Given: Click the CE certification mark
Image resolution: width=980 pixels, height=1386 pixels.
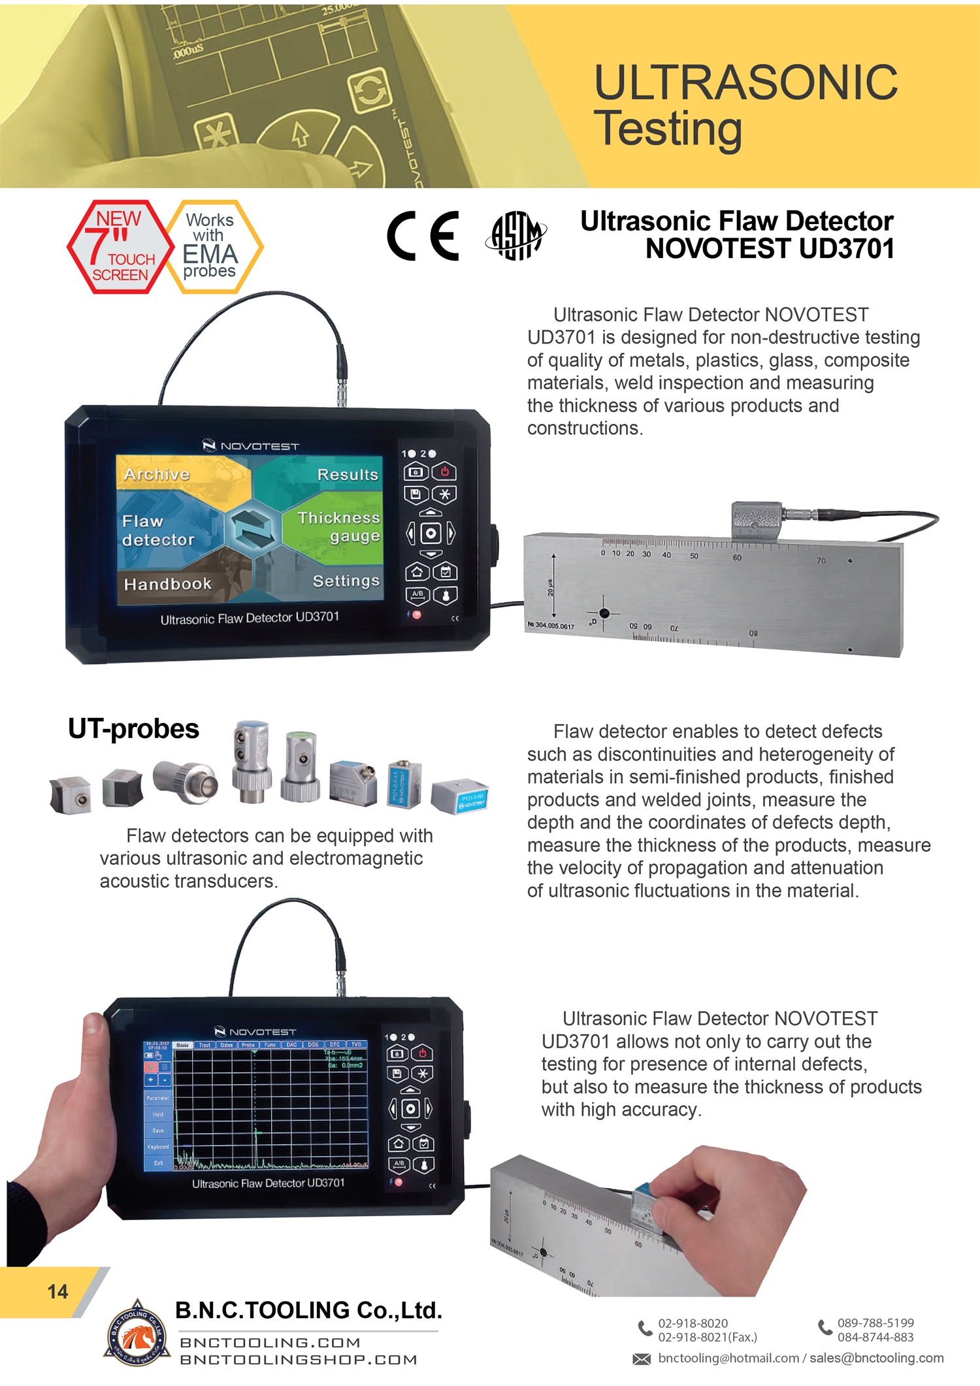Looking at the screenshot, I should pos(423,236).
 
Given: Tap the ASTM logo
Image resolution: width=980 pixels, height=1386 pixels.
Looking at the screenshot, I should pos(516,236).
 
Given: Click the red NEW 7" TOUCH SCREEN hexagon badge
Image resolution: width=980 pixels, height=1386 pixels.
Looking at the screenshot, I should pos(120,247).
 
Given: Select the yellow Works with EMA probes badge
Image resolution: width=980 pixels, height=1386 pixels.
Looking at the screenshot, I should pos(211,246).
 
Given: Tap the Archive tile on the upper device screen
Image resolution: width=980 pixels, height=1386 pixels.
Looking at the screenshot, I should pos(157,475).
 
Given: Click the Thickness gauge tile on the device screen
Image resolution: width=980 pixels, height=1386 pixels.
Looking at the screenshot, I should pos(338,526).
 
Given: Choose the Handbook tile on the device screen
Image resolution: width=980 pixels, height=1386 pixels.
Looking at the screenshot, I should pos(168,584).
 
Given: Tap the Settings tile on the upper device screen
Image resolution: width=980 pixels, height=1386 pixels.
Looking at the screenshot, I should pos(346,581).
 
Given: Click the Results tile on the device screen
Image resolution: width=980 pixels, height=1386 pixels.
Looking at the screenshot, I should pos(348,475).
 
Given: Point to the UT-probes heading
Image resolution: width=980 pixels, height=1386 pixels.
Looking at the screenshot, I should pos(133,729).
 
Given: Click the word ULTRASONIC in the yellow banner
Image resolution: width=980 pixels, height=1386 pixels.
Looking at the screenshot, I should pos(745,83).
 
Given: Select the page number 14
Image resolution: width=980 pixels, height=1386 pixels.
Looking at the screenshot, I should pos(57,1291).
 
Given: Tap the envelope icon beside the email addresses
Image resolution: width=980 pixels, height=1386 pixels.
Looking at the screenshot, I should pos(642,1359).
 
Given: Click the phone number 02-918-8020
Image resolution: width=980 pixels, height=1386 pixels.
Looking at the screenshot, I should pos(693,1323).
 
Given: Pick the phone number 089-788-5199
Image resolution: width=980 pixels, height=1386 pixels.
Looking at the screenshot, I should pos(875,1323).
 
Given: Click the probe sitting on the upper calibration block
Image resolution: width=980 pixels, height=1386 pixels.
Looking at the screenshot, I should pos(757,521).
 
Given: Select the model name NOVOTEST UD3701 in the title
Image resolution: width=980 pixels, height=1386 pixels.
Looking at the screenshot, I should pos(770,249).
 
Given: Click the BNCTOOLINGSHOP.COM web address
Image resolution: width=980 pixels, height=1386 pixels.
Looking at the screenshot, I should pos(299,1360).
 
